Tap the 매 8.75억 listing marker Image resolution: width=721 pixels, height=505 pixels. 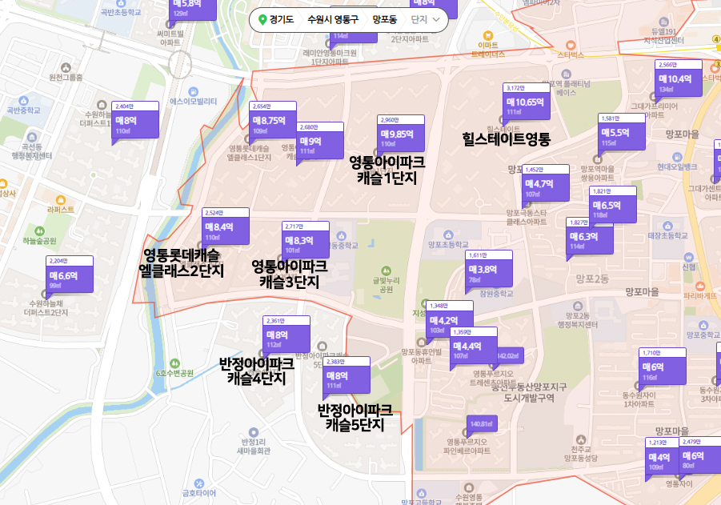click(274, 121)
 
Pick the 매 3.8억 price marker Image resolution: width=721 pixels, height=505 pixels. click(488, 270)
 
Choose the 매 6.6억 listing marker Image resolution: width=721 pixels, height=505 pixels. click(70, 275)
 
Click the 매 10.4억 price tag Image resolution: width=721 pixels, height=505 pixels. click(678, 78)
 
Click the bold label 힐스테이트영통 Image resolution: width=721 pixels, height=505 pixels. click(507, 138)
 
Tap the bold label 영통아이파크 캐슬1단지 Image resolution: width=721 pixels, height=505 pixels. click(387, 170)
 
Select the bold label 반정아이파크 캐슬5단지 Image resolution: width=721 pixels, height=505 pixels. click(354, 418)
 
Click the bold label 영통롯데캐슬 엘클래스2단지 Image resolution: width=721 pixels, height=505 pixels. click(181, 263)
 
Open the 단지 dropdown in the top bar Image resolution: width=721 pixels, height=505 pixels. click(425, 19)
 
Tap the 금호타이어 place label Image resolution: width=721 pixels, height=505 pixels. click(199, 492)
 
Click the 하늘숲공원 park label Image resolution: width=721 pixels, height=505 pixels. click(39, 240)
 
